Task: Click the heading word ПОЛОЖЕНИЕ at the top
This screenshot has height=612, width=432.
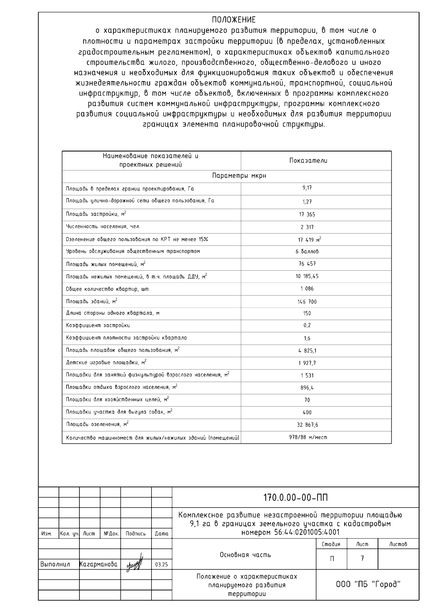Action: point(234,20)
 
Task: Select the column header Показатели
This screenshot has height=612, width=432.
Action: point(308,161)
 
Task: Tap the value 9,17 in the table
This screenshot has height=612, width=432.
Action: point(307,188)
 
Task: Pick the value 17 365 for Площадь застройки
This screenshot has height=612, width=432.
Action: point(307,214)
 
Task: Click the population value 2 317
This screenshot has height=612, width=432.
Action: point(307,227)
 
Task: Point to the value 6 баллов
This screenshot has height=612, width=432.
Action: point(307,252)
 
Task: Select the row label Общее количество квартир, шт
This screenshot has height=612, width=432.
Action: point(107,289)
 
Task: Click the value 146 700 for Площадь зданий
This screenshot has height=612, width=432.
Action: point(307,302)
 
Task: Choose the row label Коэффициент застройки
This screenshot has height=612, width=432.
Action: point(98,325)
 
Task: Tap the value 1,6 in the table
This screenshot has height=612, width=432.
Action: point(307,338)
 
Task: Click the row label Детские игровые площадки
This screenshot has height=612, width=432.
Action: point(106,363)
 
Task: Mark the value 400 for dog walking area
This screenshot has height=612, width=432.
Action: point(307,412)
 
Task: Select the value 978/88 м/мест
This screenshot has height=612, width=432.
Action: point(308,438)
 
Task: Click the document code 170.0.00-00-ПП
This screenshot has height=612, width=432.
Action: point(296,498)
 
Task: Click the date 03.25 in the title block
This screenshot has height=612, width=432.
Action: point(161,565)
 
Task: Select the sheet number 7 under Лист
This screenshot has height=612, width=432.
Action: point(362,559)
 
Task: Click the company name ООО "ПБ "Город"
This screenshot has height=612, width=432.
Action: point(368,584)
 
